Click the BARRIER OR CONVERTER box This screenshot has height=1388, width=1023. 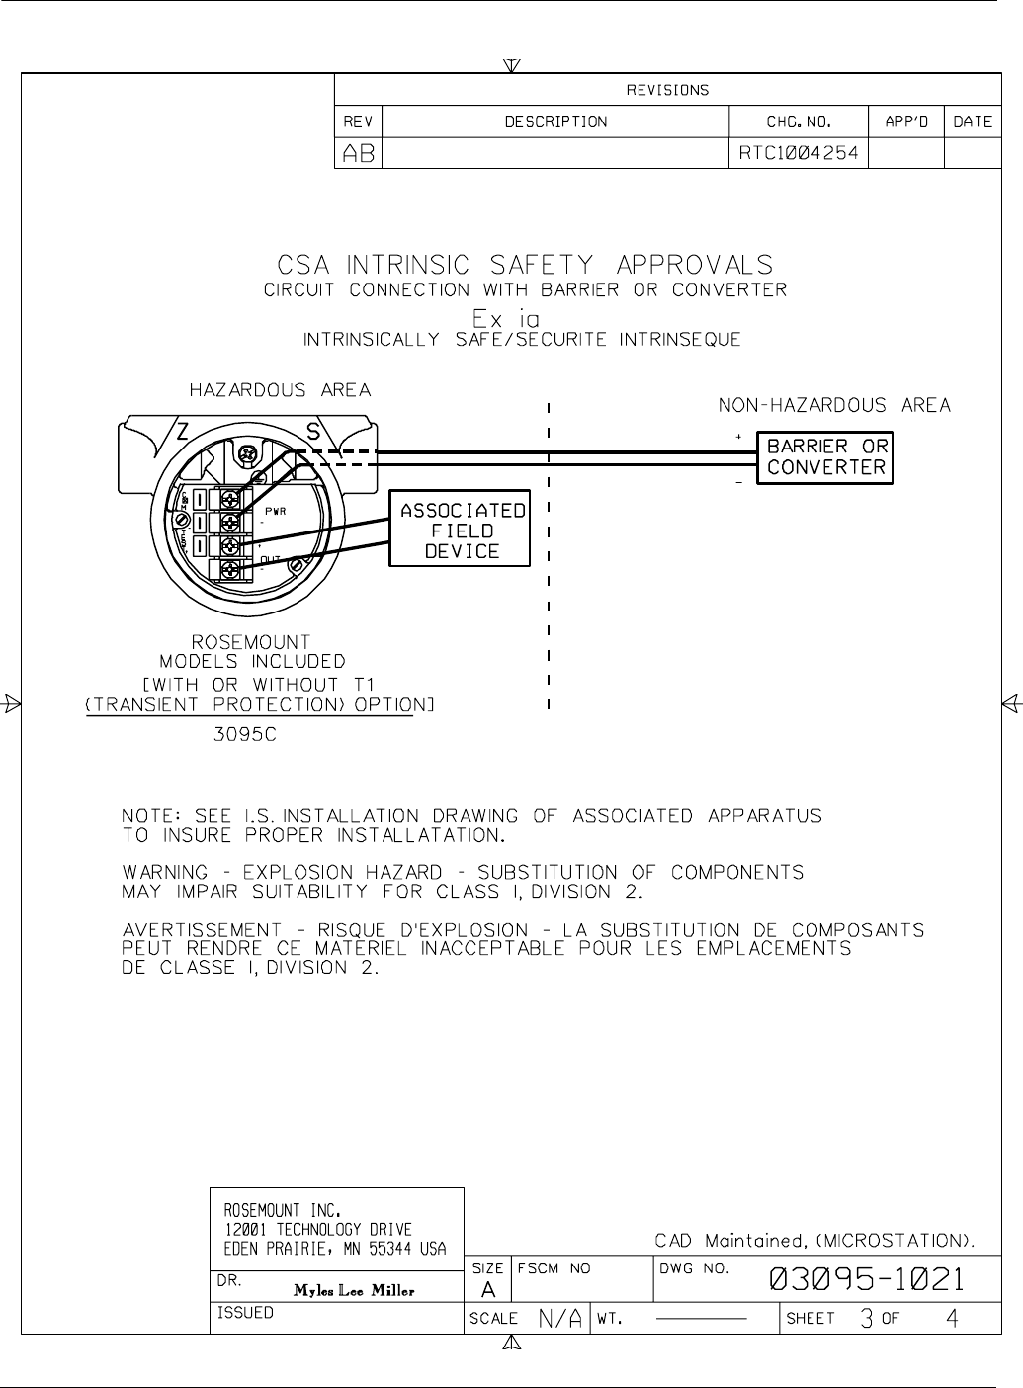(825, 457)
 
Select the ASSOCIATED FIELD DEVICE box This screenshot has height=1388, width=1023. (460, 531)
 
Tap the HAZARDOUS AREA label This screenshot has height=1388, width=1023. (280, 390)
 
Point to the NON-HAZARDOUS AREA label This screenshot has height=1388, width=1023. (834, 405)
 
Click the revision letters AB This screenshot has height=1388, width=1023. (358, 153)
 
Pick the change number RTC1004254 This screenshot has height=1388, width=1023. (799, 153)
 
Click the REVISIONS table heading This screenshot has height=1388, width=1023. (668, 90)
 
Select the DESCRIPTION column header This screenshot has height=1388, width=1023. (555, 122)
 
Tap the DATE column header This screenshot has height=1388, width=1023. (973, 122)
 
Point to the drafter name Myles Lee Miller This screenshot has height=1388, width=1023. (354, 1290)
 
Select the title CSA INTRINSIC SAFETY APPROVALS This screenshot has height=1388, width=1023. (524, 266)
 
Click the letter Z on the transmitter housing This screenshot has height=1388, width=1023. (183, 431)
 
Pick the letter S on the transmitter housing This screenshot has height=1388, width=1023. (311, 431)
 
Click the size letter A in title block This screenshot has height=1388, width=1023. (488, 1289)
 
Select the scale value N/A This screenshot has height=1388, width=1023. (560, 1318)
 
